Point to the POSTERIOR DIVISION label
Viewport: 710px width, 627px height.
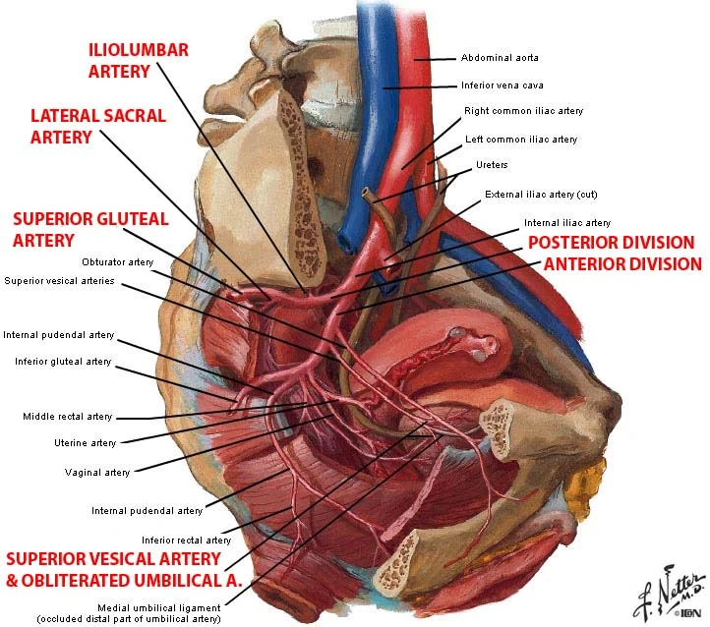tap(611, 243)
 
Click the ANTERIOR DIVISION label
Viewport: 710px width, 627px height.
tap(622, 264)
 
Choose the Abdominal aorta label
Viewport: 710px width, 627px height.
tap(500, 57)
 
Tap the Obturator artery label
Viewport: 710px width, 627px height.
tap(117, 261)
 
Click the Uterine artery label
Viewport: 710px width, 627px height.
tap(85, 443)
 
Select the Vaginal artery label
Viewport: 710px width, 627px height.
tap(96, 473)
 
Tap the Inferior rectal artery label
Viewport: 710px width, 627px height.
tap(186, 540)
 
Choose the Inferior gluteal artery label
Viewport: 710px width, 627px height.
tap(63, 362)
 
